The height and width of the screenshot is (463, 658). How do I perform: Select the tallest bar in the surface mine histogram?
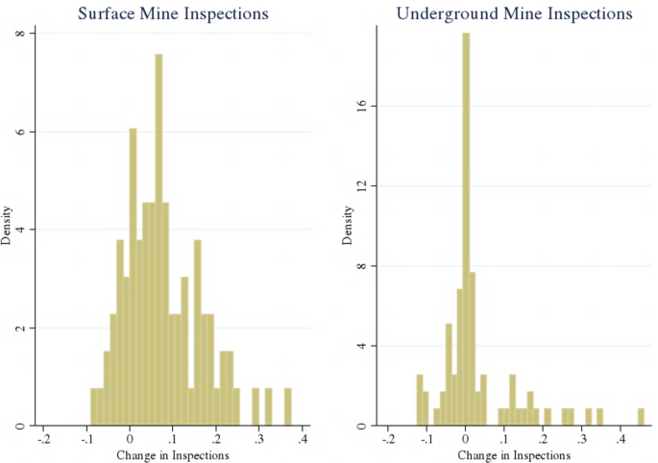[x=158, y=240]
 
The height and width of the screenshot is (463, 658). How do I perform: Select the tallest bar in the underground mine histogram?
[x=466, y=231]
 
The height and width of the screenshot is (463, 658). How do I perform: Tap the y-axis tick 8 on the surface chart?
[x=28, y=33]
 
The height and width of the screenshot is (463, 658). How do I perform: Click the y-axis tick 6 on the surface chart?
[x=28, y=132]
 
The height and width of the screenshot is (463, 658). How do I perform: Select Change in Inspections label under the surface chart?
[x=173, y=454]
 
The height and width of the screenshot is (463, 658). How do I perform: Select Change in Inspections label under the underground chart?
[x=514, y=454]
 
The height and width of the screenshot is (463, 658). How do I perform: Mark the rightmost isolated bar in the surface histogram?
[x=287, y=407]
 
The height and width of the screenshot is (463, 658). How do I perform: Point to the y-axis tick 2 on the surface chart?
[x=28, y=328]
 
